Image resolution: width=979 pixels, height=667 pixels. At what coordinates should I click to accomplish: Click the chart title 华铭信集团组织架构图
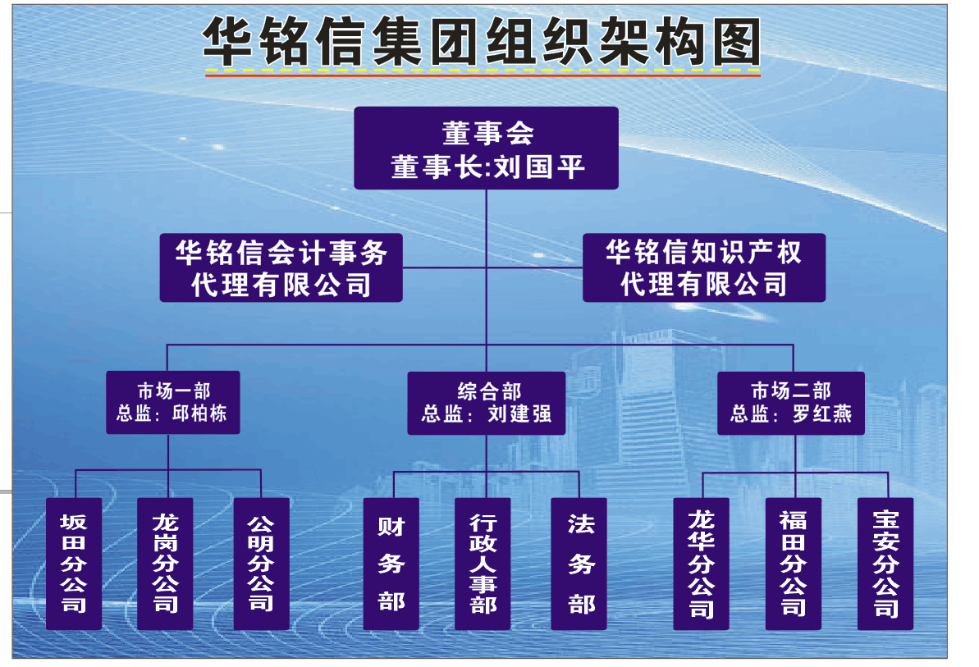click(482, 41)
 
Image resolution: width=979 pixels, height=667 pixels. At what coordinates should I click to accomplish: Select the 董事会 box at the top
click(487, 148)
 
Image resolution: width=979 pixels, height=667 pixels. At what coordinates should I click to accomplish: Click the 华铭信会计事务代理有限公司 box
click(281, 267)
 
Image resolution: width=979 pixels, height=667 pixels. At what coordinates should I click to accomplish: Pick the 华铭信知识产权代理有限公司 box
click(704, 267)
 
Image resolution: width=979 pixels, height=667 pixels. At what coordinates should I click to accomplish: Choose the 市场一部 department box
click(173, 403)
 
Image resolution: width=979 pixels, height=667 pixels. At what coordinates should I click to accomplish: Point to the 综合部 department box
click(487, 403)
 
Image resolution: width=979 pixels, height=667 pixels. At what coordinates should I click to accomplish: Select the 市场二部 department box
click(791, 403)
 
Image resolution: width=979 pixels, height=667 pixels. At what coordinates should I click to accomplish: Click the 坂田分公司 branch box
click(74, 564)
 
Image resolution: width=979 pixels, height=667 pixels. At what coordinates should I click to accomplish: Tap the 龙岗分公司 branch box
click(166, 564)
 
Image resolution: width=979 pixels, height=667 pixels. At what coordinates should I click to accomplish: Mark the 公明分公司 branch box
click(262, 564)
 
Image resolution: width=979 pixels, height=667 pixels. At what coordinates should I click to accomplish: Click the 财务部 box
click(391, 564)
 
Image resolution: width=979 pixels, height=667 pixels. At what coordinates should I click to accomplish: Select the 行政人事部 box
click(483, 564)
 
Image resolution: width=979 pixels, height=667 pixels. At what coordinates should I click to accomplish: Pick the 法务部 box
click(579, 564)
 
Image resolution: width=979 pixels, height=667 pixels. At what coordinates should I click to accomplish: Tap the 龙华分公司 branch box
click(701, 564)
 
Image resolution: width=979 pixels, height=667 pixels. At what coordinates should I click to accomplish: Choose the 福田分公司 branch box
click(794, 564)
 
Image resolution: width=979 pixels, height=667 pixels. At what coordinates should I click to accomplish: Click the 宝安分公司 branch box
click(885, 564)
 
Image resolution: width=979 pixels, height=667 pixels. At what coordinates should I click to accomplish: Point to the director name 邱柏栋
click(199, 413)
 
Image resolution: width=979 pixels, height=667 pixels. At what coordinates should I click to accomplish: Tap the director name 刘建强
click(519, 413)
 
